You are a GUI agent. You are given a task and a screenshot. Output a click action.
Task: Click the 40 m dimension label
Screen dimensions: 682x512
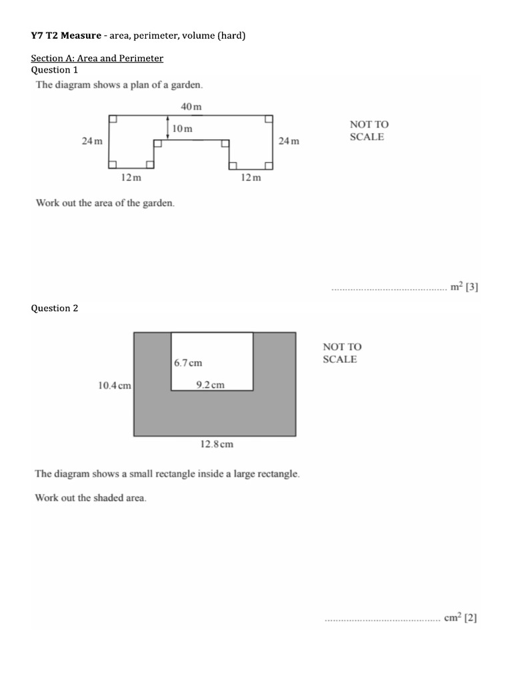tap(191, 107)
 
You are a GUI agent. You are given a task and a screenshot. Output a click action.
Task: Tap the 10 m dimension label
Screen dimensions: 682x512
tap(182, 128)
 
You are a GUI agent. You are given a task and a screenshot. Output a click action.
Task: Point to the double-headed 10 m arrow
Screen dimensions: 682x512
tap(168, 127)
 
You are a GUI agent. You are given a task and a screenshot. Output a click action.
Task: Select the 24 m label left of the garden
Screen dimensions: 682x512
tap(92, 141)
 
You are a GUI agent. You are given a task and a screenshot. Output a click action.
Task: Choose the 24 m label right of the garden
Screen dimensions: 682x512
tap(289, 141)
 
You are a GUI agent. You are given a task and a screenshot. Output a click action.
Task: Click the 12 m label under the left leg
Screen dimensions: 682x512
tap(131, 178)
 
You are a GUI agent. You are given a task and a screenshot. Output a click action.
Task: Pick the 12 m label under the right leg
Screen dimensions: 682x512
tap(251, 178)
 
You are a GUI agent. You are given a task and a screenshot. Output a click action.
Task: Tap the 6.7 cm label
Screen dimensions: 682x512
tap(188, 363)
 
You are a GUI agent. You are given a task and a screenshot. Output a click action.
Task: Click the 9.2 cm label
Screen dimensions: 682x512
tap(210, 384)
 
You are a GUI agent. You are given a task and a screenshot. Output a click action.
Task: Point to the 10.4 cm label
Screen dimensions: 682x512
tap(115, 385)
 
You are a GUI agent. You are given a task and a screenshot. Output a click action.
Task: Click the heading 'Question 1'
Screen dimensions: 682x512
tap(55, 70)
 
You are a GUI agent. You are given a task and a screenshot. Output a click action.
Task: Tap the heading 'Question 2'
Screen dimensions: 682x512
tap(55, 308)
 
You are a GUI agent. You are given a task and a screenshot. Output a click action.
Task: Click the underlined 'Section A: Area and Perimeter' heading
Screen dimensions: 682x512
tap(97, 59)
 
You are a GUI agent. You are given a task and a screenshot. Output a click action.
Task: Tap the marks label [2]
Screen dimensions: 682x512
tap(471, 618)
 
